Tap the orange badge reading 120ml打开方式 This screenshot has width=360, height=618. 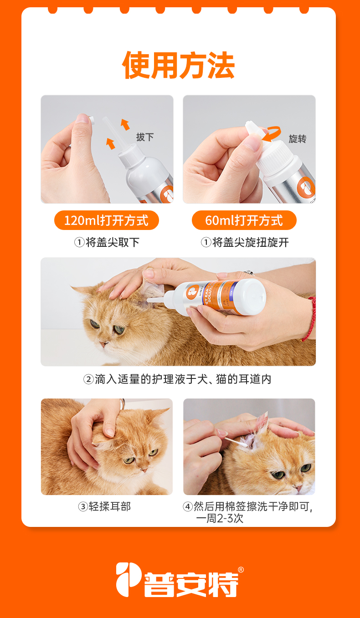(107, 220)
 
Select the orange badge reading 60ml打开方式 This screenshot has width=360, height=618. (244, 220)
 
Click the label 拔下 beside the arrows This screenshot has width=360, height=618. (144, 137)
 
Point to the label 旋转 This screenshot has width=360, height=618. (297, 139)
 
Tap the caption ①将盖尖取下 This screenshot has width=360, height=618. (107, 242)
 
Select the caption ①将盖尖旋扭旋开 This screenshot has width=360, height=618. (245, 242)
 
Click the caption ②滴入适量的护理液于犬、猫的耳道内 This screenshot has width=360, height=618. (177, 379)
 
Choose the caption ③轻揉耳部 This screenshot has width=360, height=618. (104, 506)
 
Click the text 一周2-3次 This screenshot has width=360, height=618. (220, 518)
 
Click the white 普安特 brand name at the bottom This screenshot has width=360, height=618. (191, 584)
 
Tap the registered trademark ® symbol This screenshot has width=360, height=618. (241, 570)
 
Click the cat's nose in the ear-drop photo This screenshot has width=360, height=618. (104, 343)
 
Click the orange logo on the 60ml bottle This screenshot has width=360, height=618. (306, 187)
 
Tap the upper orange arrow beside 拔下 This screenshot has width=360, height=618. (125, 124)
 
